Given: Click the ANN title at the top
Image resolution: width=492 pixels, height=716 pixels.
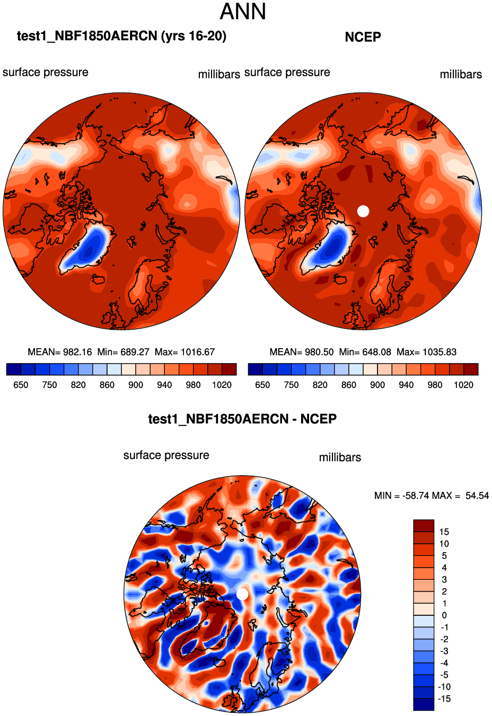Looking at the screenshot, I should point(243,12).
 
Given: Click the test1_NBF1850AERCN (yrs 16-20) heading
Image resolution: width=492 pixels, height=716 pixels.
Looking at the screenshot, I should point(121,36).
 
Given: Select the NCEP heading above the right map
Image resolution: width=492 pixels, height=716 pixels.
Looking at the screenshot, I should point(363,37).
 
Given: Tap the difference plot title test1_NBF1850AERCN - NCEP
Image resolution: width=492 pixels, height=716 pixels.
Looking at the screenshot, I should point(242,419).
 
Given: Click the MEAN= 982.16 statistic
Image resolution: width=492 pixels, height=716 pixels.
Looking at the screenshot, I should point(60,352).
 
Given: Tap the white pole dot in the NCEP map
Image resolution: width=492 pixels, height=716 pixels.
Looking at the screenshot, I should point(363,211).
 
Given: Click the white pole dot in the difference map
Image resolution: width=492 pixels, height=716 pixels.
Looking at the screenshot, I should point(242,594).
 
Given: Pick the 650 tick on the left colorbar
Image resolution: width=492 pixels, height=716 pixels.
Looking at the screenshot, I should point(21,385).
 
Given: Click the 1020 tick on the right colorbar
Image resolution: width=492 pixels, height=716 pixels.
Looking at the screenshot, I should point(463,385).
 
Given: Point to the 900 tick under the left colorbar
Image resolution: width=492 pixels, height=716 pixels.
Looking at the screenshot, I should point(136,385).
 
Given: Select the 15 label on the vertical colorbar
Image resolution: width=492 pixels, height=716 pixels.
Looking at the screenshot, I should point(444,532).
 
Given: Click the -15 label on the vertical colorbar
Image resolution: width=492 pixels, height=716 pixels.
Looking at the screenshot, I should point(444,699).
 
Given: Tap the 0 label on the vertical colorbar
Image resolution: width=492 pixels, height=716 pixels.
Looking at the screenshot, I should point(444,615).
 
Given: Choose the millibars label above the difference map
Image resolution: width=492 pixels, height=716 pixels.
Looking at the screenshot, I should point(340,457).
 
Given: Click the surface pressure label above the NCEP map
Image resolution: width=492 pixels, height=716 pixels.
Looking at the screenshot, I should point(287,73).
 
